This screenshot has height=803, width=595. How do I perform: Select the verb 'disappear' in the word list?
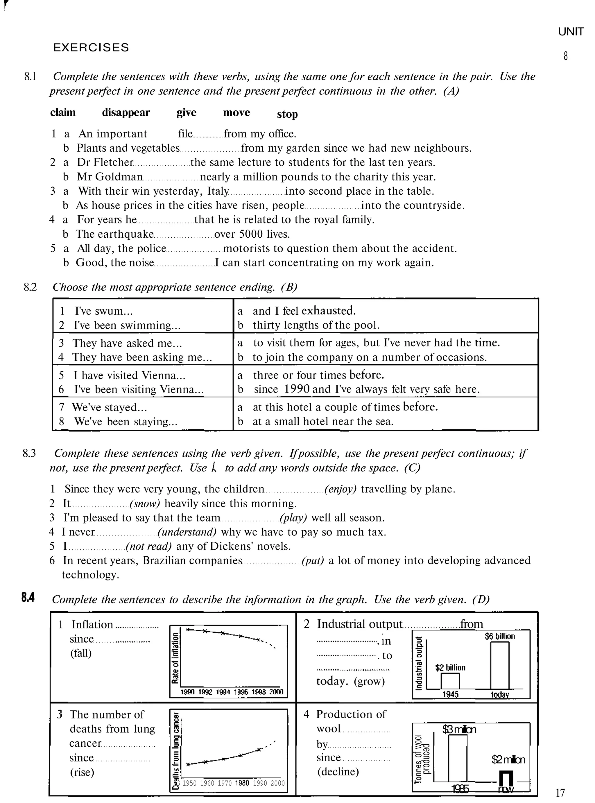[126, 112]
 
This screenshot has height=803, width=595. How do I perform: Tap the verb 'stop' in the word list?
[287, 114]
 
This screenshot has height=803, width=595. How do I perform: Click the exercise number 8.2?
[30, 287]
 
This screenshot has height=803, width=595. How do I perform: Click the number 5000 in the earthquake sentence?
[251, 234]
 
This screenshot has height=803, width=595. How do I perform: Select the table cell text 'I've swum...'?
[99, 311]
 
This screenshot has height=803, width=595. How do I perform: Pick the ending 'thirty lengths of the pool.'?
[316, 325]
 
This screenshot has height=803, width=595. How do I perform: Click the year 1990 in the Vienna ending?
[296, 389]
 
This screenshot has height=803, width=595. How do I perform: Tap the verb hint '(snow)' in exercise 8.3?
[145, 503]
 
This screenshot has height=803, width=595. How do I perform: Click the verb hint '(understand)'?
[187, 532]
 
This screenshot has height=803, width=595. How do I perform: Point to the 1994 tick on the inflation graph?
[223, 692]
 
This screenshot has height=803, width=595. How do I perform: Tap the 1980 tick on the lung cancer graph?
[242, 783]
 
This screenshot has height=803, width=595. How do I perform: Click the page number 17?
[560, 793]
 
